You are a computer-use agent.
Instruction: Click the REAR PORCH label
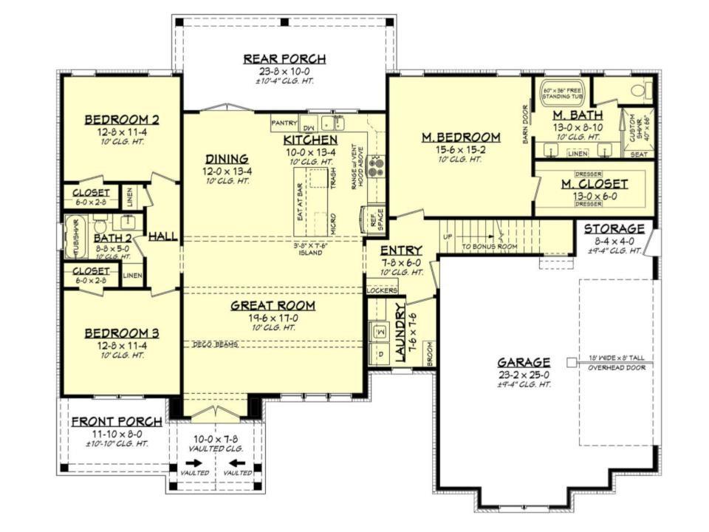284,58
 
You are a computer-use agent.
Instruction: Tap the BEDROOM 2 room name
121,120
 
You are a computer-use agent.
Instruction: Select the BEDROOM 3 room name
121,332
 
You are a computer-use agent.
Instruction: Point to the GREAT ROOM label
273,304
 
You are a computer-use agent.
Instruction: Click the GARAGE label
523,362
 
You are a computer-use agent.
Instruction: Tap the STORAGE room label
614,228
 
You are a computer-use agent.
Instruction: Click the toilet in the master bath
637,91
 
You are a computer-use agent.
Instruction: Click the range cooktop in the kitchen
374,166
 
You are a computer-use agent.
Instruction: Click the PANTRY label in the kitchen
284,123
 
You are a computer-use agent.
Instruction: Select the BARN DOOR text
526,123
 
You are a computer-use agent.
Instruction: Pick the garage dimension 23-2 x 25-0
523,375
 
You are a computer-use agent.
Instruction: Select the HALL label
162,236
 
